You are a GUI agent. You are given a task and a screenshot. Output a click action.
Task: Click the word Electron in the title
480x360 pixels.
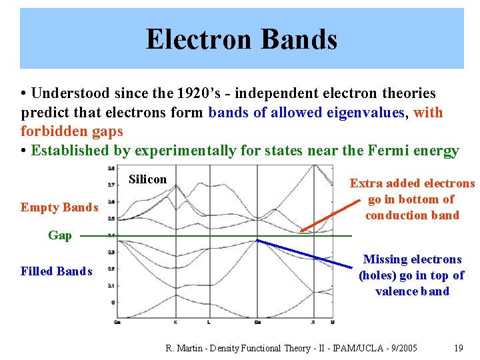click(x=199, y=39)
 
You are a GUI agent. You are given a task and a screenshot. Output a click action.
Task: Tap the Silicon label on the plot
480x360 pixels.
click(x=147, y=179)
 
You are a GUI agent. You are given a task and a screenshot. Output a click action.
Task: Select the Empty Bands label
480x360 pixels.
click(x=59, y=207)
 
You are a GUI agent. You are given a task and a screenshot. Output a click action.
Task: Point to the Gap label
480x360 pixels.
click(x=60, y=235)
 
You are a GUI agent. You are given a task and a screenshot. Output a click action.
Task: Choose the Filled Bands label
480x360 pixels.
click(x=57, y=271)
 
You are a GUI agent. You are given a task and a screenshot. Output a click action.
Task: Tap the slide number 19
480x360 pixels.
click(x=458, y=348)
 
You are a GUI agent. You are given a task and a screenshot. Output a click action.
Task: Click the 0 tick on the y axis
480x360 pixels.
click(x=112, y=302)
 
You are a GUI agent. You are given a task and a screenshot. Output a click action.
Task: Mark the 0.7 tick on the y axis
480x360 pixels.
click(x=111, y=184)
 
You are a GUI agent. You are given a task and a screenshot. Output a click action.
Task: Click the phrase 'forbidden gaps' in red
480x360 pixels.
click(x=71, y=131)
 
